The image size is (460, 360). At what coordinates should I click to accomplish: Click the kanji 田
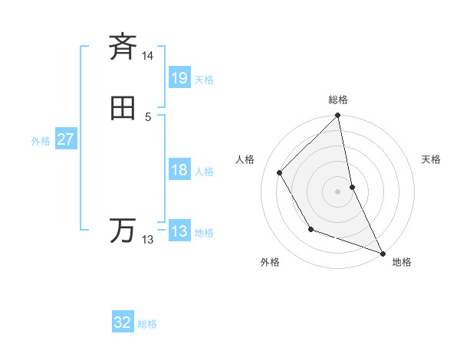click(123, 108)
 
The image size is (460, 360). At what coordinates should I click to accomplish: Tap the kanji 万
click(123, 230)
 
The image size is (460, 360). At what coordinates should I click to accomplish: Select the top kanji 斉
click(123, 47)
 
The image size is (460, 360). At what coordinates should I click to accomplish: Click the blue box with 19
click(179, 78)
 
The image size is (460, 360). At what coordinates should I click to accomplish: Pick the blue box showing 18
click(179, 170)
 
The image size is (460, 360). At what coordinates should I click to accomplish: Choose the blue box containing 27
click(66, 139)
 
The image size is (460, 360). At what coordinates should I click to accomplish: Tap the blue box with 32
click(123, 322)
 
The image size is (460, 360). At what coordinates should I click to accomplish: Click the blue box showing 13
click(179, 231)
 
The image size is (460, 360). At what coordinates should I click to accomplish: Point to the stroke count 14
click(148, 56)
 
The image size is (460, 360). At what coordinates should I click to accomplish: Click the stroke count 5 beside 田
click(148, 117)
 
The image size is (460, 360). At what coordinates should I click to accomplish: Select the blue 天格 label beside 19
click(204, 80)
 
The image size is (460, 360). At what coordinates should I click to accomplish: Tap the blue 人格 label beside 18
click(204, 172)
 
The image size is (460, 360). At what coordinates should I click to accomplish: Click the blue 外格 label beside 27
click(41, 141)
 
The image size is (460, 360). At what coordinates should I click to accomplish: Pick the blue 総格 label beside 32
click(147, 324)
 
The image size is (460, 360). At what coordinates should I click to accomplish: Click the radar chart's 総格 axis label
click(338, 100)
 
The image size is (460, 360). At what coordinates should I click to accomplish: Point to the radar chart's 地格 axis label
click(402, 262)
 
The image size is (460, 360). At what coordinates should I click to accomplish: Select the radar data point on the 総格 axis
click(338, 116)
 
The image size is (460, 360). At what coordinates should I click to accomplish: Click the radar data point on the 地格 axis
click(382, 252)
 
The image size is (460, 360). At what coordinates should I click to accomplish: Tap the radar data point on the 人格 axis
click(280, 172)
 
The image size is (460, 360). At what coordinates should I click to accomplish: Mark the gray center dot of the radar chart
click(338, 191)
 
